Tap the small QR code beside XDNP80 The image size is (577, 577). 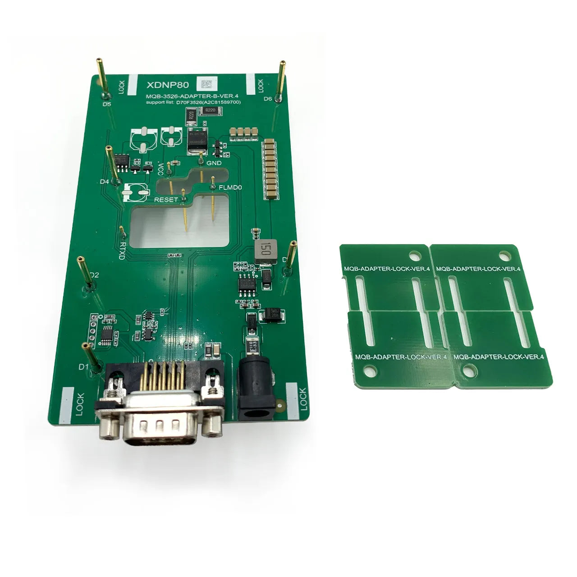click(206, 84)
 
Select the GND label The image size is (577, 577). click(214, 163)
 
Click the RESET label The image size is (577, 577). click(166, 199)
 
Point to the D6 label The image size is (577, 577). click(268, 99)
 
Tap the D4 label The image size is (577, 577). click(105, 182)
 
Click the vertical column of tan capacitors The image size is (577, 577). click(271, 169)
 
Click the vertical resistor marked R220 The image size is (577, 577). click(191, 114)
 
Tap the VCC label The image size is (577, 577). click(161, 169)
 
